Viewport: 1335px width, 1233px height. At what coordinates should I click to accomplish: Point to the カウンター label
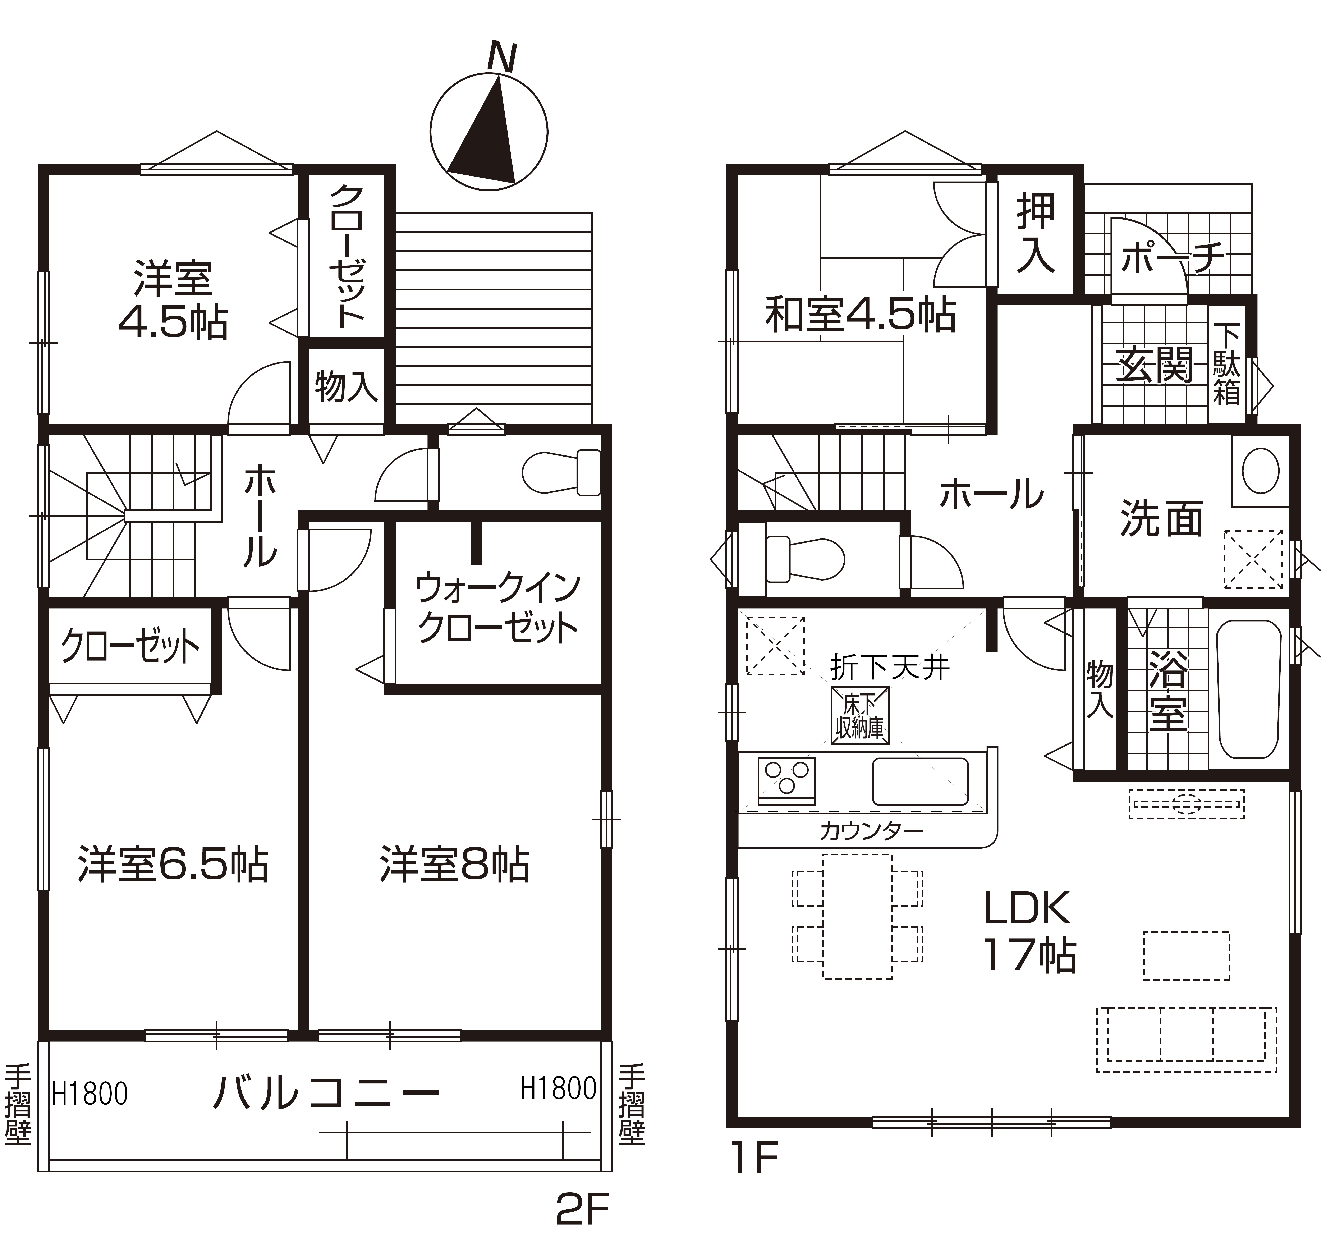click(x=871, y=831)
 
